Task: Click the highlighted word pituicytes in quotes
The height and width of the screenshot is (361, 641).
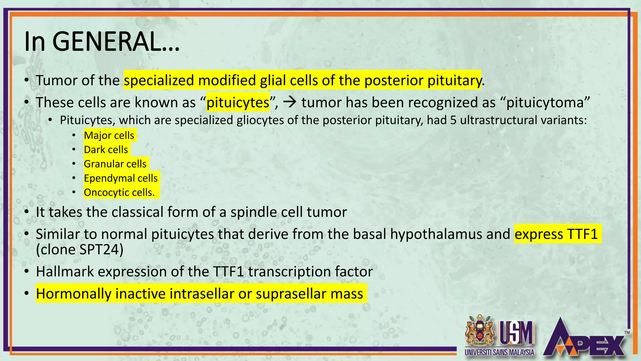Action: click(238, 102)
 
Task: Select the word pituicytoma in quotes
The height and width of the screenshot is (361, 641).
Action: click(545, 102)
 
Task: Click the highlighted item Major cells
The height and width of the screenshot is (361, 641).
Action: click(109, 135)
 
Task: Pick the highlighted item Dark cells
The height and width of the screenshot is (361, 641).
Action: click(106, 149)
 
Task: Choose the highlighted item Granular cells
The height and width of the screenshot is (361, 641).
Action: click(115, 164)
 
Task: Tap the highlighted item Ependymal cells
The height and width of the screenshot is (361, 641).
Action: click(121, 178)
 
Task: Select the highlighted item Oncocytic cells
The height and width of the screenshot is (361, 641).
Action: click(120, 192)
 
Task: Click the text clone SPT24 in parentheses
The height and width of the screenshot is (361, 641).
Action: click(79, 250)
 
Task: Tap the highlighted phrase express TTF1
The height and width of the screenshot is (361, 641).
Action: click(556, 234)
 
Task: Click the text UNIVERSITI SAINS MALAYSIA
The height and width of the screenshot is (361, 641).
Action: click(499, 352)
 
